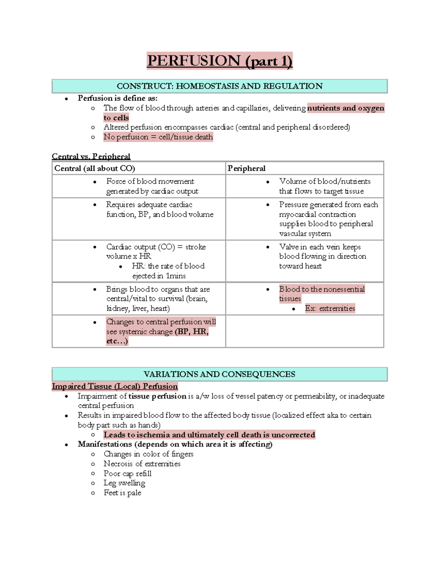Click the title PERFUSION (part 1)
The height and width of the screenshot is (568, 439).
pyautogui.click(x=219, y=61)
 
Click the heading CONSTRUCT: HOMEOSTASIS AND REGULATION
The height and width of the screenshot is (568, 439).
pyautogui.click(x=219, y=86)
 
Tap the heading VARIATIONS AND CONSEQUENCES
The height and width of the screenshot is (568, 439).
pyautogui.click(x=219, y=374)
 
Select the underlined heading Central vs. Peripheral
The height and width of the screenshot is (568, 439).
pyautogui.click(x=91, y=157)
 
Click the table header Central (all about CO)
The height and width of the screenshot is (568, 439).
pyautogui.click(x=95, y=168)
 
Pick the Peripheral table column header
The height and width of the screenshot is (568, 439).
pyautogui.click(x=246, y=168)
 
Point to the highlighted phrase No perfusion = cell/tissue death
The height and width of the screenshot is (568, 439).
pyautogui.click(x=158, y=137)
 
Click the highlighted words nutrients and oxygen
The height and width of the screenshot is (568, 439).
pyautogui.click(x=345, y=108)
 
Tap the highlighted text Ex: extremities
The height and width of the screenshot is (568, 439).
pyautogui.click(x=330, y=308)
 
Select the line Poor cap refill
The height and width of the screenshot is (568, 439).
pyautogui.click(x=127, y=473)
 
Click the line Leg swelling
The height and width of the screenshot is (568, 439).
pyautogui.click(x=124, y=483)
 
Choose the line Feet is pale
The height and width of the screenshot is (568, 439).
pyautogui.click(x=122, y=493)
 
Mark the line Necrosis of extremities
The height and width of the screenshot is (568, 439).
pyautogui.click(x=142, y=463)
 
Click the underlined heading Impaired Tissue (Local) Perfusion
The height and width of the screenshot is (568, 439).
pyautogui.click(x=115, y=386)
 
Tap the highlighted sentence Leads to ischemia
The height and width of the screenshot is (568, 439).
pyautogui.click(x=209, y=435)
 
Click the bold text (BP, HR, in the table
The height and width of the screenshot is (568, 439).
pyautogui.click(x=192, y=331)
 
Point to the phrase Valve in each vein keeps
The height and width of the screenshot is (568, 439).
pyautogui.click(x=320, y=247)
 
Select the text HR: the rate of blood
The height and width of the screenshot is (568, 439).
pyautogui.click(x=168, y=266)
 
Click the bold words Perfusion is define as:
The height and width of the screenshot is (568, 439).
pyautogui.click(x=117, y=98)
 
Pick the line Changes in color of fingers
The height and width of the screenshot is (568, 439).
pyautogui.click(x=148, y=454)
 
